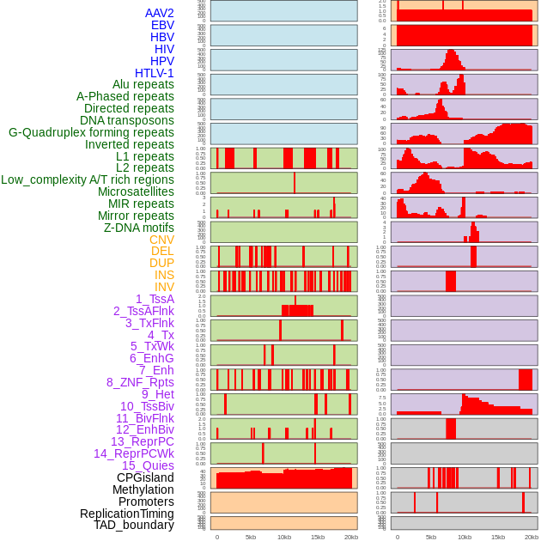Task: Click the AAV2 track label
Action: pos(159,13)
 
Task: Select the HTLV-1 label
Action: pos(154,73)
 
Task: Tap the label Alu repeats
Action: pos(143,84)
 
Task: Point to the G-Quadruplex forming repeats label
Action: pos(91,132)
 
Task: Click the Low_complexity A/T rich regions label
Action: pos(88,179)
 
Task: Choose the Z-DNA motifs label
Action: pos(138,228)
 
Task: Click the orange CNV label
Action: pos(161,240)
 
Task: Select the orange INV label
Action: pos(163,287)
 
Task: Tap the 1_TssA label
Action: pos(155,299)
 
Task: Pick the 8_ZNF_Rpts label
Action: pos(140,382)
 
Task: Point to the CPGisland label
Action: pos(145,477)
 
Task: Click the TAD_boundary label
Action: pos(133,525)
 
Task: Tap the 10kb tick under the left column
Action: pos(284,537)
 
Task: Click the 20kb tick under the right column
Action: pos(532,537)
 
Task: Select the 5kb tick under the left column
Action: pos(251,537)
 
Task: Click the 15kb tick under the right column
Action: pos(498,537)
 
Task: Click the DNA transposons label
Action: pos(127,120)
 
